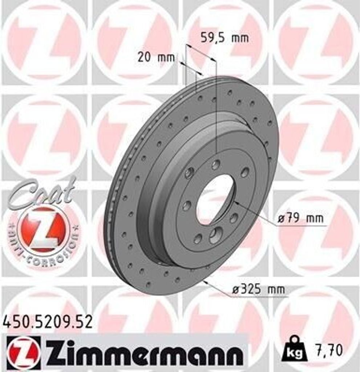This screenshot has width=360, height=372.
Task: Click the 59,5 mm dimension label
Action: [x=225, y=38]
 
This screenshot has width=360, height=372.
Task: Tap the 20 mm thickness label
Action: [x=156, y=57]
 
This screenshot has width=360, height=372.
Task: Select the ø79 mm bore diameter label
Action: [x=300, y=219]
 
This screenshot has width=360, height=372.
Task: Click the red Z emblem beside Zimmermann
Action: [x=24, y=351]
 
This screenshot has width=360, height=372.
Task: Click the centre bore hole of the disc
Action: [x=215, y=200]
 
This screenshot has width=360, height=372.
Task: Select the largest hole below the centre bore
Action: [x=215, y=235]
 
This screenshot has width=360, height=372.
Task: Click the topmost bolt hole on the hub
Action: [x=216, y=165]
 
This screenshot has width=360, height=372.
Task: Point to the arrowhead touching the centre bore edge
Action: [x=235, y=202]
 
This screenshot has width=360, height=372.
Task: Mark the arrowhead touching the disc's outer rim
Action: [x=206, y=281]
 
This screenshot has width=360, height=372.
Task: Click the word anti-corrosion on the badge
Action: [x=44, y=251]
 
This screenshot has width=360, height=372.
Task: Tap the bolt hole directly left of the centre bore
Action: [x=187, y=206]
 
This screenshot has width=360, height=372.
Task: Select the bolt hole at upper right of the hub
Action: [x=245, y=172]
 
